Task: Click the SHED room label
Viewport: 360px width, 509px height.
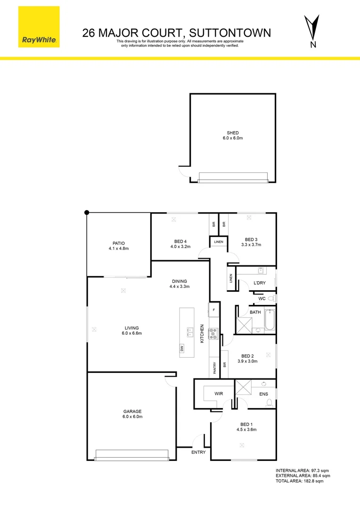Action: coord(233,133)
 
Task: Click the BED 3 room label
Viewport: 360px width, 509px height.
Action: coord(251,239)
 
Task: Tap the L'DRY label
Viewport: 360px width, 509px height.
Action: coord(260,282)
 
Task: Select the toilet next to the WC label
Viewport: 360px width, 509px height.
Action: coord(271,299)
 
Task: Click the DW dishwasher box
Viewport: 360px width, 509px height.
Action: coord(181,349)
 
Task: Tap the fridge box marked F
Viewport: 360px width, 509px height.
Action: coord(213,310)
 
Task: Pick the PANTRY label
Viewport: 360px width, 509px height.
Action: coord(214,368)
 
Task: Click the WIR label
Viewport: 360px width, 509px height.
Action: coord(218,393)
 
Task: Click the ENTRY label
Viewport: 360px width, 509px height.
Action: coord(198,452)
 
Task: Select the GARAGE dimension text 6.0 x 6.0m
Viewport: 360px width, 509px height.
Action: coord(132,417)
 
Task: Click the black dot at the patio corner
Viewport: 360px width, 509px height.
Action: coord(87,213)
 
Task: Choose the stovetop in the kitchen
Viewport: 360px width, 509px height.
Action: coord(213,333)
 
